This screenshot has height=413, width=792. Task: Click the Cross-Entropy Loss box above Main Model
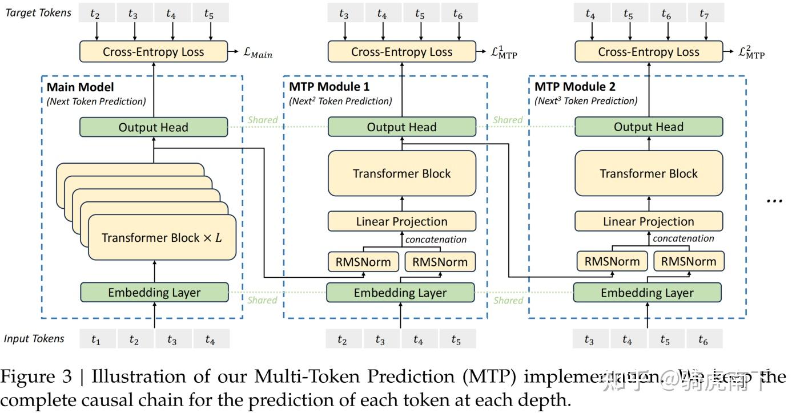[x=153, y=52]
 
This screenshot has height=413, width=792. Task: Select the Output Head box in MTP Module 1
[x=401, y=127]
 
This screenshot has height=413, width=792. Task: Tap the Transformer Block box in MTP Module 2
[x=649, y=173]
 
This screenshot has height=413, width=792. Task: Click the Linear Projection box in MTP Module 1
[x=401, y=221]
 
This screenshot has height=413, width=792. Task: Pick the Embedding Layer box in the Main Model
[x=154, y=293]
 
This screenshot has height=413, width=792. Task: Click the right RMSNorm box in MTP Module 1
[x=440, y=262]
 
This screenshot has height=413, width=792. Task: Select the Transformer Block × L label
[x=162, y=238]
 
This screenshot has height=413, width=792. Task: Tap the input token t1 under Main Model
[x=96, y=340]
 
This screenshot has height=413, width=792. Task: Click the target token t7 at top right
[x=704, y=14]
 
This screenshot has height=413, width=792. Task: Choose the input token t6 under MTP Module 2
[x=703, y=340]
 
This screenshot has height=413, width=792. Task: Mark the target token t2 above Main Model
[x=95, y=14]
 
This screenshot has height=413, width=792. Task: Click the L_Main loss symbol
[x=258, y=54]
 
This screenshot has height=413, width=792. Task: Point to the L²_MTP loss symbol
[x=751, y=53]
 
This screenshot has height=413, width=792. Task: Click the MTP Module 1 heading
[x=329, y=87]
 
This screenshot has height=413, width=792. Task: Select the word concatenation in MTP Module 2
[x=684, y=238]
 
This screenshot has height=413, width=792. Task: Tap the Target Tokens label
[x=38, y=13]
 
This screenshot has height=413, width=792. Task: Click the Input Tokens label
[x=34, y=338]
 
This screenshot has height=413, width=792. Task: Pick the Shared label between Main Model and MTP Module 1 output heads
[x=263, y=120]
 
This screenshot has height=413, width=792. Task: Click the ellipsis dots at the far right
[x=774, y=201]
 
